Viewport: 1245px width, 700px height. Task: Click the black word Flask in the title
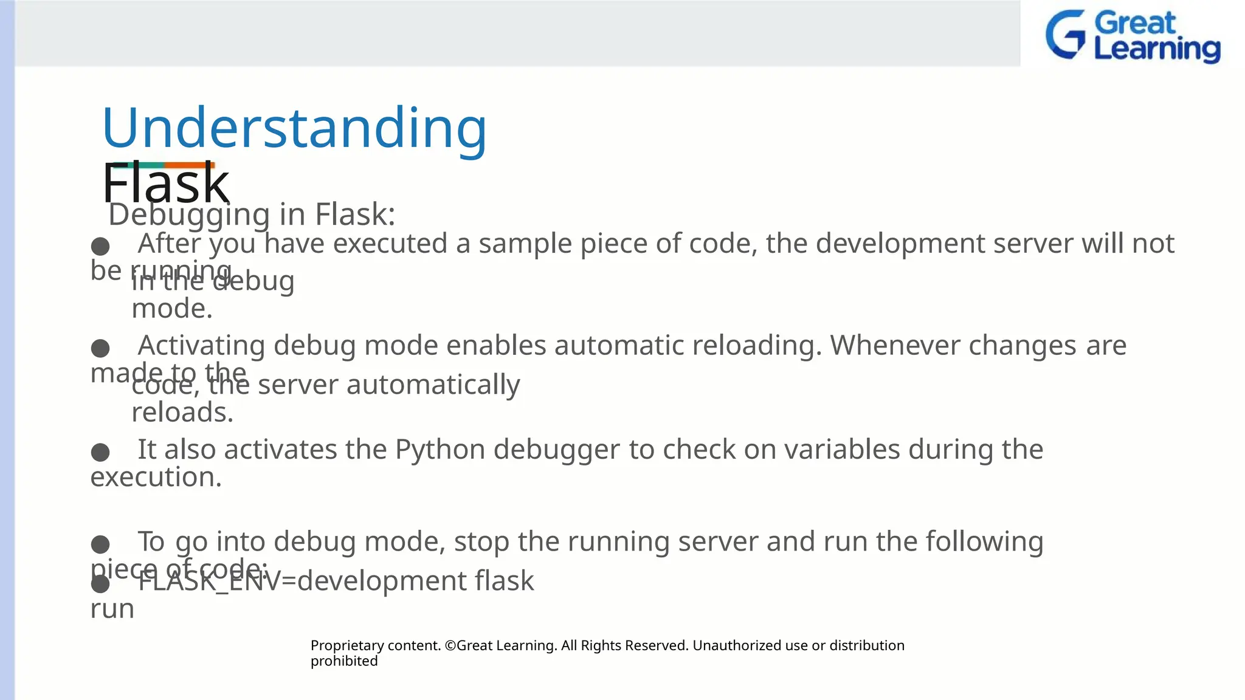pos(165,184)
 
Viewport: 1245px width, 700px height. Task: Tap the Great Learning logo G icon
pos(1065,35)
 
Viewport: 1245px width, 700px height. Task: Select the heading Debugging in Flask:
pos(252,214)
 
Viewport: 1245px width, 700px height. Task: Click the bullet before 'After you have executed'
pos(100,247)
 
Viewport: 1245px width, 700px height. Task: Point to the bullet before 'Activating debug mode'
pos(100,349)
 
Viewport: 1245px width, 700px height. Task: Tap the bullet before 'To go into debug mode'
pos(100,544)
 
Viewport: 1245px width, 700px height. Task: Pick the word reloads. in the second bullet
pos(182,413)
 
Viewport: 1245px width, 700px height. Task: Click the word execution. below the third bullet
pos(156,478)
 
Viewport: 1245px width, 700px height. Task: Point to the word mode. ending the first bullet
pos(172,309)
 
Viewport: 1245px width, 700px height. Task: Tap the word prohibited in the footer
pos(343,661)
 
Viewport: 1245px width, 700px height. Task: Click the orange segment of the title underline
pos(189,165)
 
